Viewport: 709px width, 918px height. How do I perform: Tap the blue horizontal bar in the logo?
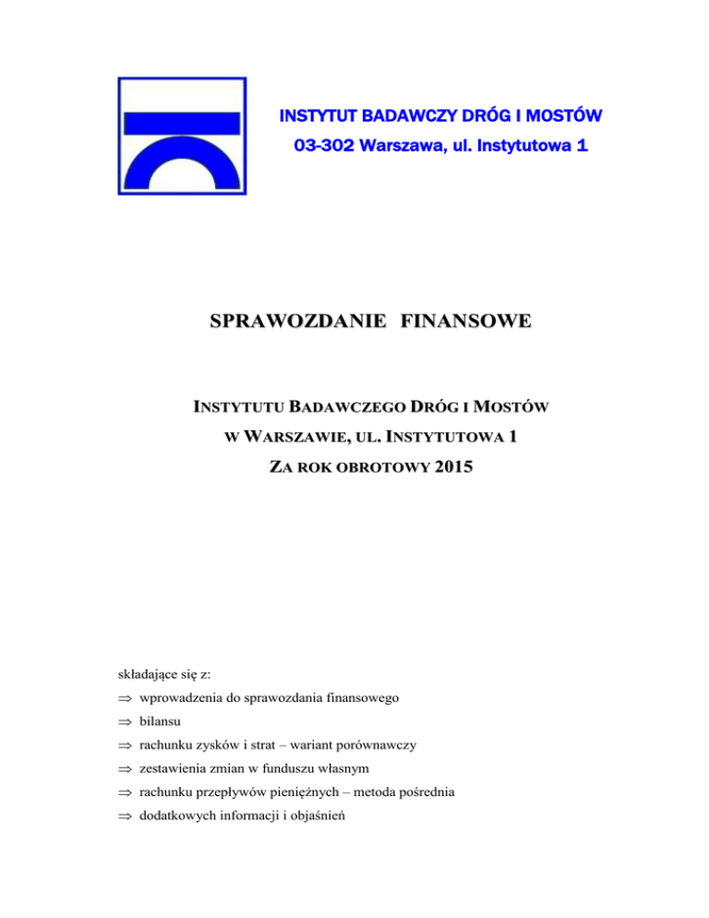click(181, 122)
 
